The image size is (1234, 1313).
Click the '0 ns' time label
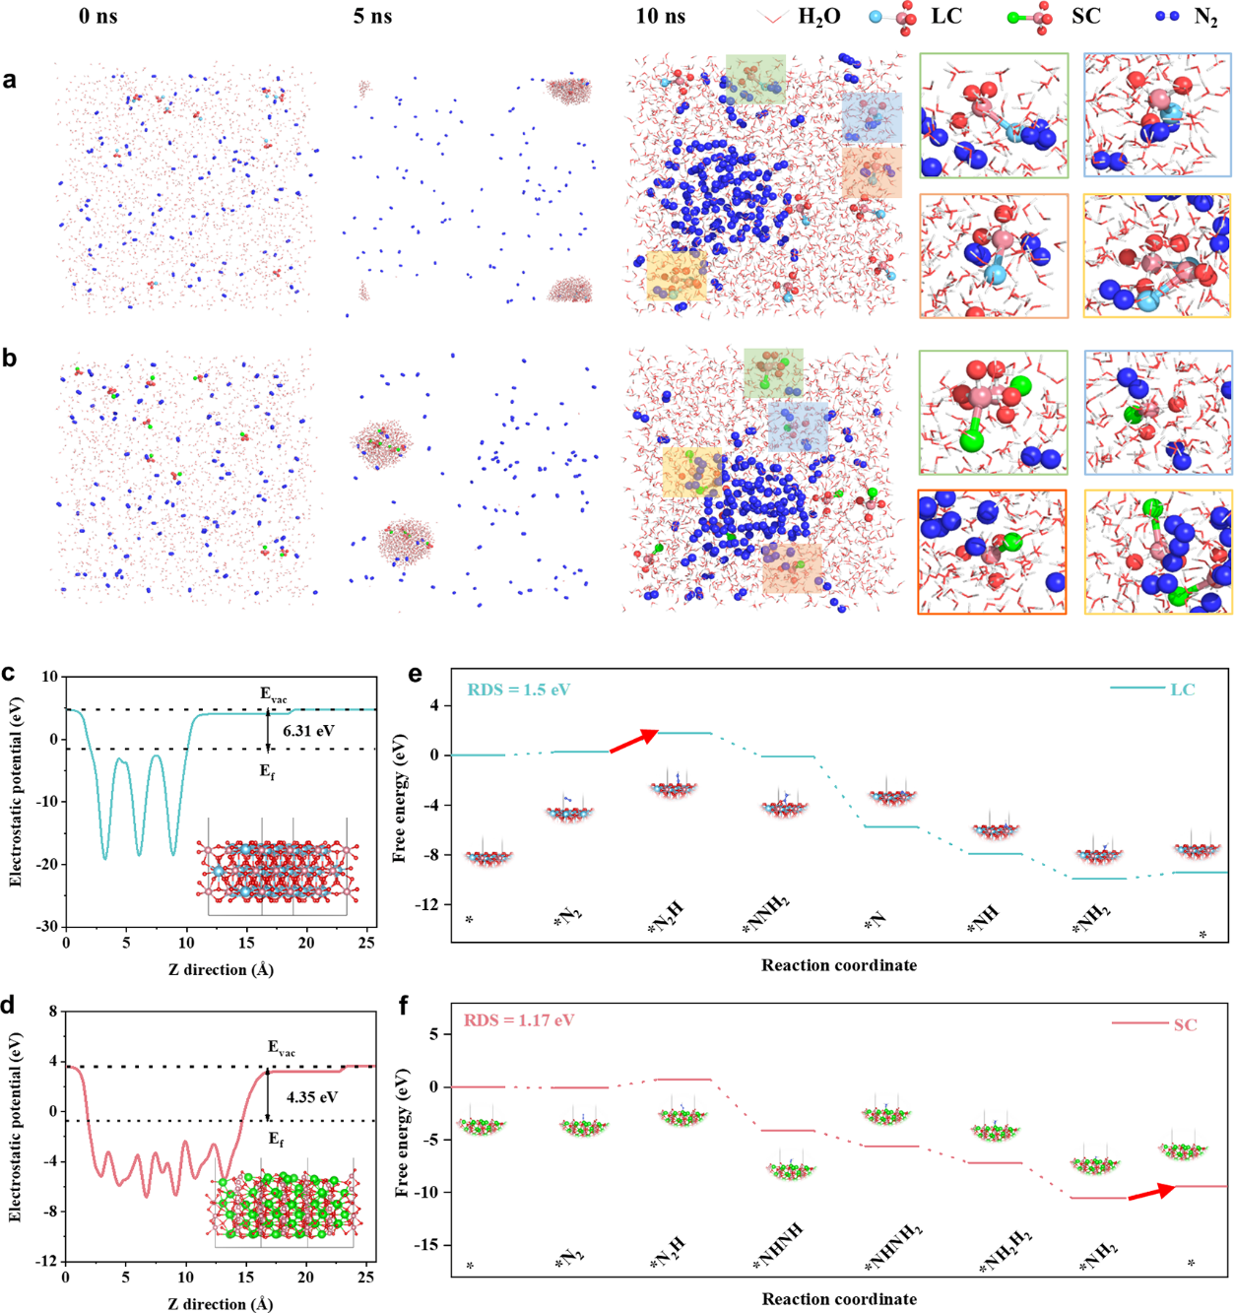(97, 17)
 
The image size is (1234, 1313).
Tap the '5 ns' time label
(372, 17)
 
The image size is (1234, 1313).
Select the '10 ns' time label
(661, 17)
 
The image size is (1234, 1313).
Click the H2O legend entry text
(818, 17)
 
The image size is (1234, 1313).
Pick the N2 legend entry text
(1205, 17)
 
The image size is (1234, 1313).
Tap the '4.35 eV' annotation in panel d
(311, 1096)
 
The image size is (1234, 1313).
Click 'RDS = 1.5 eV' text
(519, 689)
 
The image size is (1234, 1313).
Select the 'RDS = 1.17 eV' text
(519, 1020)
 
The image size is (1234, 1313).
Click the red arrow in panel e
(634, 741)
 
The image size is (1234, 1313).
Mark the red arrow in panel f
(1151, 1193)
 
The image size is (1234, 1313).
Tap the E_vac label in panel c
(274, 694)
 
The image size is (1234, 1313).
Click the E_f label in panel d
(278, 1140)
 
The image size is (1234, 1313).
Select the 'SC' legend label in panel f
(1185, 1024)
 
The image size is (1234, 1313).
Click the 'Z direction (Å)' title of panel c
(221, 969)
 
